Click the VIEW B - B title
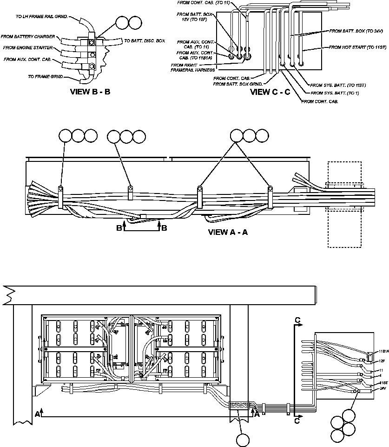coord(90,92)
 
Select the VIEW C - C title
coord(270,92)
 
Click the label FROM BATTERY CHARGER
coord(28,36)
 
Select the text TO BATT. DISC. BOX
coord(145,41)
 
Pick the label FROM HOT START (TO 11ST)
coord(357,47)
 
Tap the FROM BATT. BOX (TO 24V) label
coord(356,31)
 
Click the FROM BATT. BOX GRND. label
coord(238,84)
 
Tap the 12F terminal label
coord(382,360)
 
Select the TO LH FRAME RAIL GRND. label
coord(41,16)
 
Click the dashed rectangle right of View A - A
coord(344,205)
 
